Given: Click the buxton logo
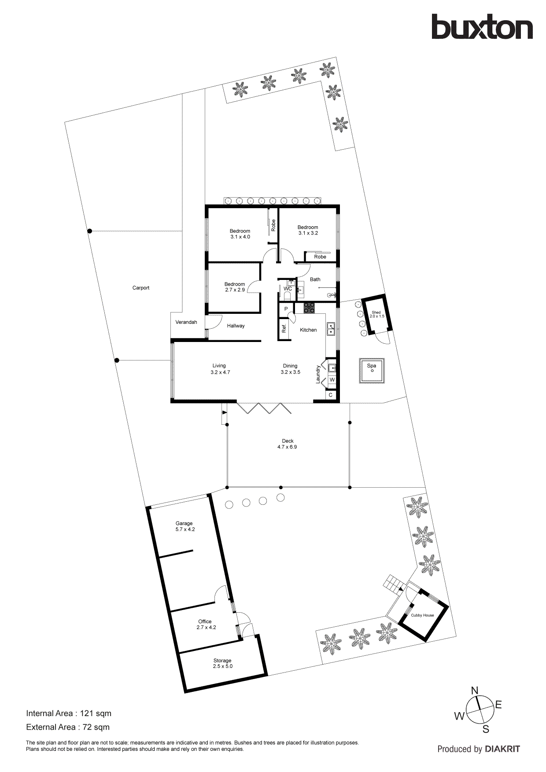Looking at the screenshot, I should coord(482,27).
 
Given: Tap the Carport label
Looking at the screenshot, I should coord(141,288).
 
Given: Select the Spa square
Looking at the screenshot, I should coord(372,370).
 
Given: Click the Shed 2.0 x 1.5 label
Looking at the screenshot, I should coord(376,314).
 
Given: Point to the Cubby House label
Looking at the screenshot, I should coord(422,615).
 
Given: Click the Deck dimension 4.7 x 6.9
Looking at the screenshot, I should coord(287,447).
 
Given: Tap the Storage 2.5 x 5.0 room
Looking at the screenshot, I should coord(223,663).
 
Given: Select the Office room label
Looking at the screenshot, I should coord(205,621).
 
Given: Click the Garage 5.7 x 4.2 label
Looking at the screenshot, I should coord(185,526).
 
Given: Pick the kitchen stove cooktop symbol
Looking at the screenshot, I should coord(309,308).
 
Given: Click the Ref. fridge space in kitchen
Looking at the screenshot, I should coord(284,328).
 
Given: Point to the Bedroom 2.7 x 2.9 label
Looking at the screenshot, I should coord(235,287).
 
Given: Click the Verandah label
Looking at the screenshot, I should coord(186,322).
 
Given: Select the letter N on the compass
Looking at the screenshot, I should coord(475,691).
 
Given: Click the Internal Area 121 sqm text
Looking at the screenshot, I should coord(69,713).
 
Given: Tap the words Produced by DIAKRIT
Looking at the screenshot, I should coord(479,749).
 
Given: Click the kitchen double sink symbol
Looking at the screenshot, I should coord(330,328).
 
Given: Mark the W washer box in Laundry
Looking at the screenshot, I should coord(332,379).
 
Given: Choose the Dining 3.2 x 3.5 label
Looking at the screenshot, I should coord(290,369).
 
